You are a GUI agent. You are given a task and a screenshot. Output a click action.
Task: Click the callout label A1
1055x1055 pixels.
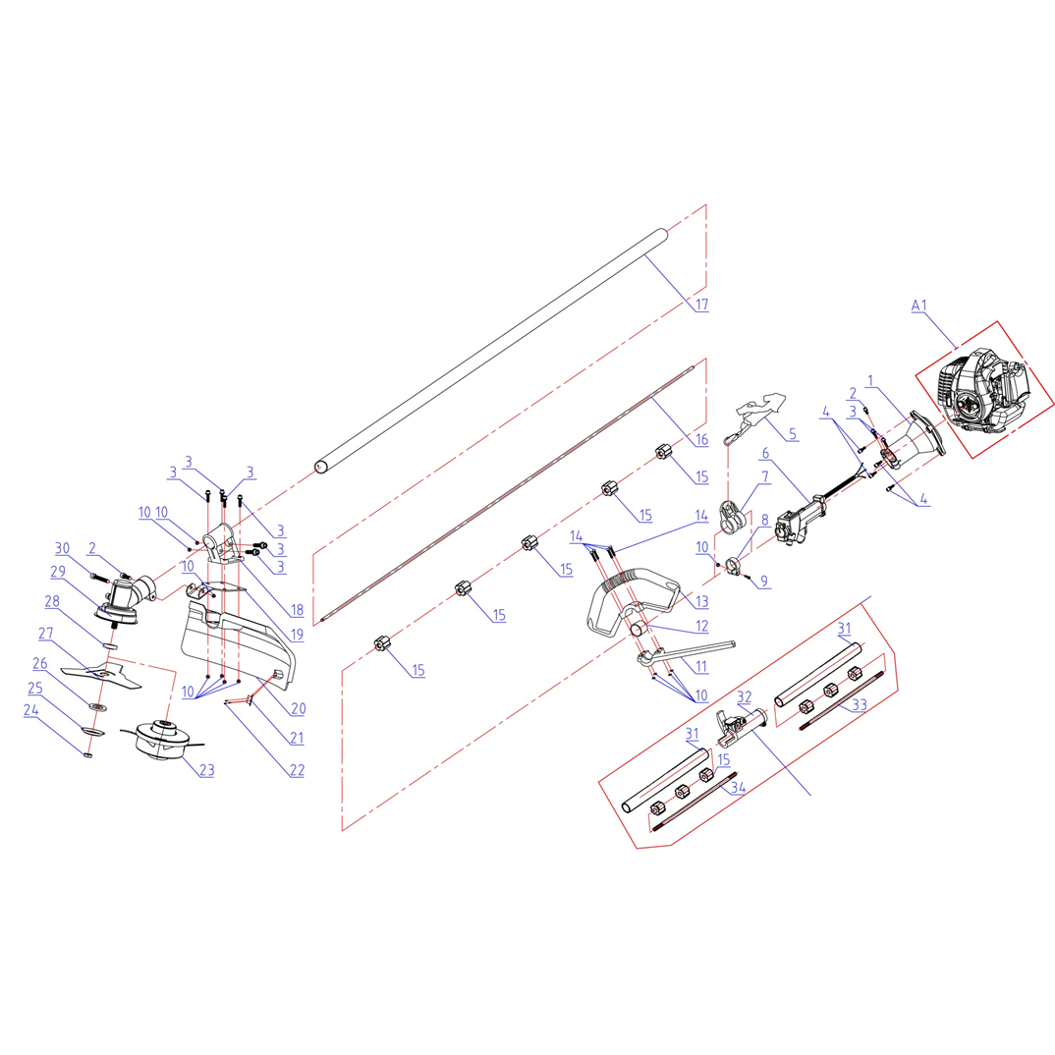pos(919,305)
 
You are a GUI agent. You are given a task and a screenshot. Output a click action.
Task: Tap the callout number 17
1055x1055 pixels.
pos(701,305)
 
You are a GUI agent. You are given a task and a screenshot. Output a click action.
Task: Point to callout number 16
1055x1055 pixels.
pos(701,439)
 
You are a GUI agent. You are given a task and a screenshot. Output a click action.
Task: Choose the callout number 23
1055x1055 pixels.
pos(207,770)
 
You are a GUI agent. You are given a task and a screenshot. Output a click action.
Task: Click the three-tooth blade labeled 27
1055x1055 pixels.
pos(101,674)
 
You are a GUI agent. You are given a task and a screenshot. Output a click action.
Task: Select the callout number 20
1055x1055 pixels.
pos(298,708)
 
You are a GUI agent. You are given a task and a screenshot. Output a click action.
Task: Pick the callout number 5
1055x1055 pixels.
pos(793,434)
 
